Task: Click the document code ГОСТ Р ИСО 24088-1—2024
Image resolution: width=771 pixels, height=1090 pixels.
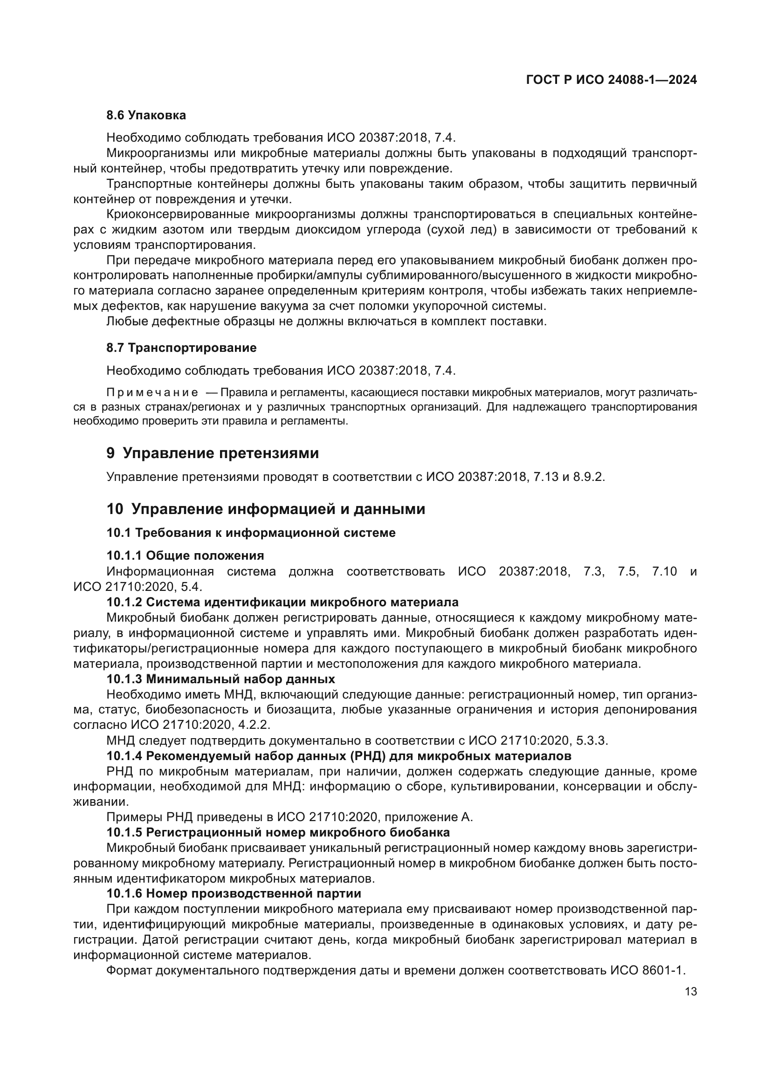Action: click(612, 80)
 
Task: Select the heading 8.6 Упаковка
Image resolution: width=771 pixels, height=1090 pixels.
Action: click(146, 115)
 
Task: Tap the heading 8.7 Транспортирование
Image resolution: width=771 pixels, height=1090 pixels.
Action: click(181, 348)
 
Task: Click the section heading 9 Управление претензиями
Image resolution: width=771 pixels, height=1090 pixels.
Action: click(212, 453)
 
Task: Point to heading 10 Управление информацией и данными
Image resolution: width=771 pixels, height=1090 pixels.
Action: click(265, 509)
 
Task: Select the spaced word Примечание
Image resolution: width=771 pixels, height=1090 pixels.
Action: click(152, 392)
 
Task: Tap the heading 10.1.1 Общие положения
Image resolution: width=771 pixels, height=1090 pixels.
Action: click(185, 555)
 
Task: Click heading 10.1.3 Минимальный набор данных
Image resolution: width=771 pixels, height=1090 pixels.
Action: click(220, 679)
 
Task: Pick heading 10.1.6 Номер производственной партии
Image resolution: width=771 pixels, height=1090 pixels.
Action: click(234, 893)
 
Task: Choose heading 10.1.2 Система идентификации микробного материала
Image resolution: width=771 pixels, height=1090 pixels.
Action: click(282, 602)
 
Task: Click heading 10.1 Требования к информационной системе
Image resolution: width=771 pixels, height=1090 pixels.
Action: click(251, 533)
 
